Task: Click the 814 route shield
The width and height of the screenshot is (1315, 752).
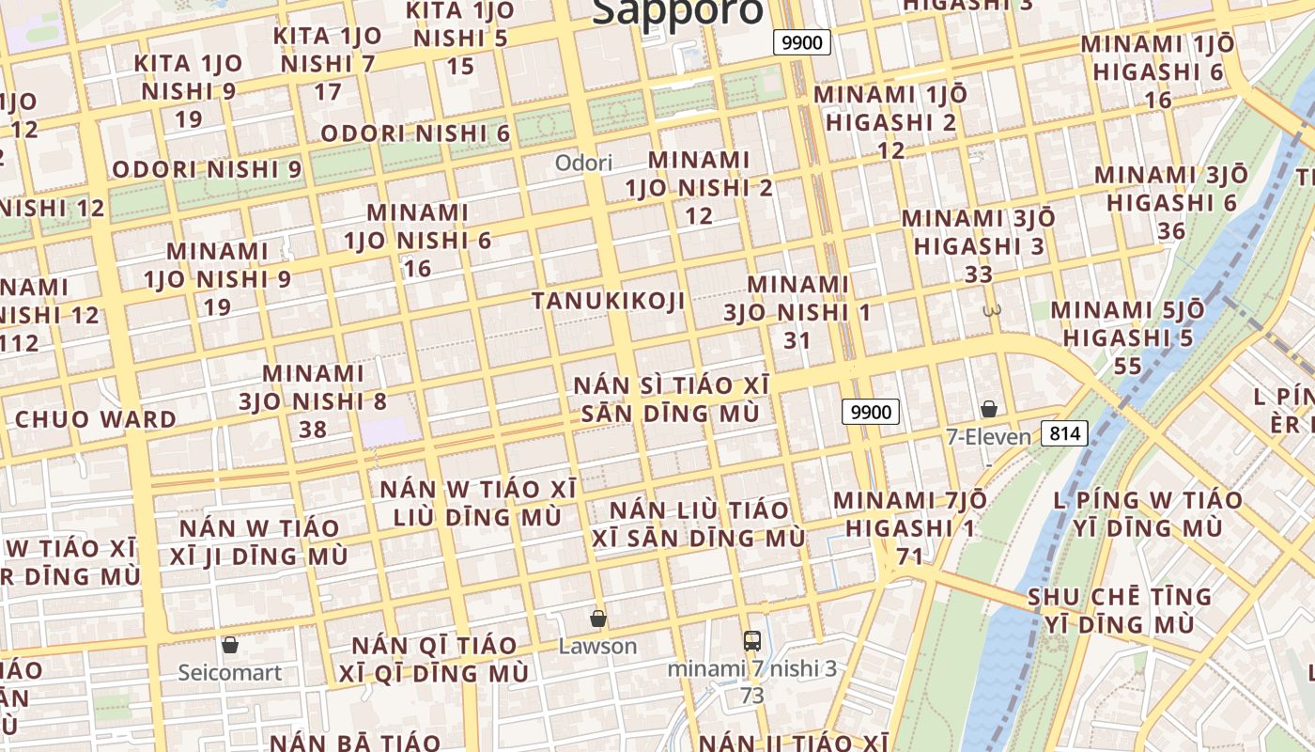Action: coord(1064,433)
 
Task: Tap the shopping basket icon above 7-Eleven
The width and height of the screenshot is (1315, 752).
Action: coord(988,409)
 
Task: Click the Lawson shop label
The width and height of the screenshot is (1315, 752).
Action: coord(597,647)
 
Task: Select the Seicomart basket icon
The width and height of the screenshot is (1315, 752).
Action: coord(230,645)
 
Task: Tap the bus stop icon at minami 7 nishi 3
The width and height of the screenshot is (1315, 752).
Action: coord(751,641)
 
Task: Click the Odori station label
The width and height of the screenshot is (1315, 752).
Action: coord(583,163)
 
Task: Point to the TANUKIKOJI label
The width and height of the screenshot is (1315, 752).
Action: coord(608,301)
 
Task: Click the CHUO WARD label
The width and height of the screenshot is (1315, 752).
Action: coord(96,419)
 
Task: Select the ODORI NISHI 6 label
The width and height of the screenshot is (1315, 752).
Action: coord(415,133)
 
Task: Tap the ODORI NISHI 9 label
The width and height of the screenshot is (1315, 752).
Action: coord(207,170)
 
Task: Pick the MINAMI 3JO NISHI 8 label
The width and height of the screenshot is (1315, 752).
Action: coord(313,401)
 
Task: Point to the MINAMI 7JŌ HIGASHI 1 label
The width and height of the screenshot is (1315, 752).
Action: coord(909,514)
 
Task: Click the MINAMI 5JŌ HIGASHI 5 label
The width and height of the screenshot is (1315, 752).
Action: coord(1127,323)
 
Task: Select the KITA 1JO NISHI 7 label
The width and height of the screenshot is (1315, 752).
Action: coord(328,51)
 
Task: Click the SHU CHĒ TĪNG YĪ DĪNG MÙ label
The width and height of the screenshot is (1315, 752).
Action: coord(1120,610)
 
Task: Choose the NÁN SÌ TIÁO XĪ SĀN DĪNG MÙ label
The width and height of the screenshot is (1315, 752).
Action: coord(671,399)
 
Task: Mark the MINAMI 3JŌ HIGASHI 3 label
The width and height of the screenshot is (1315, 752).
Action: coord(979,232)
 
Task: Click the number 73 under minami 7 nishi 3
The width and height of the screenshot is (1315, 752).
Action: coord(751,697)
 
